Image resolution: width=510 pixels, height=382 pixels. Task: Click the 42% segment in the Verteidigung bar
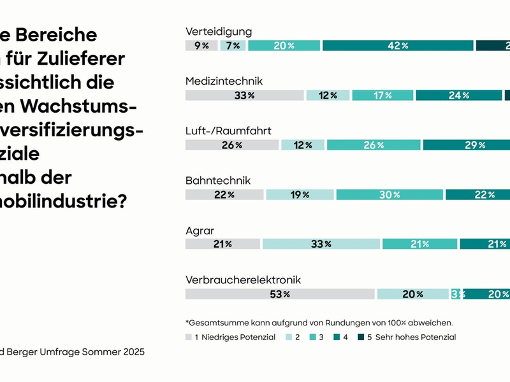[397, 45]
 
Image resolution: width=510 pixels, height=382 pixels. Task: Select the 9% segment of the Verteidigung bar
[201, 45]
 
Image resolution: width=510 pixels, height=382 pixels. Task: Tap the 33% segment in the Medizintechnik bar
[244, 95]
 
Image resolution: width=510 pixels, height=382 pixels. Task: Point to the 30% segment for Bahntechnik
[390, 195]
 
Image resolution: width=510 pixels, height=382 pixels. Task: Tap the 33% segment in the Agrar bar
[321, 244]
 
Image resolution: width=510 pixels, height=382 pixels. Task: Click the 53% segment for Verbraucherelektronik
[279, 294]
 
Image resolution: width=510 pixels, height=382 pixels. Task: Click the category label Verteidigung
[219, 31]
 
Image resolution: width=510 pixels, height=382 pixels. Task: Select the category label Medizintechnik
[224, 81]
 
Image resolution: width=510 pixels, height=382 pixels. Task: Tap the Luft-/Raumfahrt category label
[228, 131]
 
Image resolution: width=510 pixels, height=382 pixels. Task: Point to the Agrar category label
[200, 230]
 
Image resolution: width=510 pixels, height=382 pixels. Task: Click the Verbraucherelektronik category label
[243, 279]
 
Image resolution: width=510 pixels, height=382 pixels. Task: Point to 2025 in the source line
[132, 351]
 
